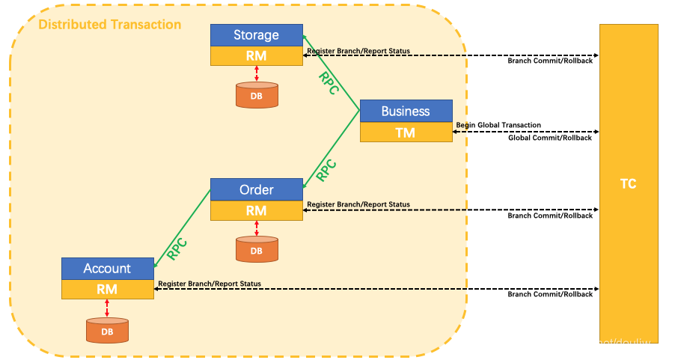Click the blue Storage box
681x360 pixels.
coord(256,35)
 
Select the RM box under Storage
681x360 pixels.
coord(256,56)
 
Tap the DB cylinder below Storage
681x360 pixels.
coord(257,95)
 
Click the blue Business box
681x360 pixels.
coord(406,111)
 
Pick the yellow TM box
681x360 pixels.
coord(406,132)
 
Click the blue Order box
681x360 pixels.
coord(256,189)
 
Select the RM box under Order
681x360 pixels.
coord(256,210)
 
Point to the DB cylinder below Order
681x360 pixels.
coord(257,249)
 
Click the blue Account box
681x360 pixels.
coord(107,268)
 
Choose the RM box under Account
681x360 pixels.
coord(107,289)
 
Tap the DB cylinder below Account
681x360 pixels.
coord(107,330)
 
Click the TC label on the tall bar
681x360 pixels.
coord(629,183)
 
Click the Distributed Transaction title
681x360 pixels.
coord(109,25)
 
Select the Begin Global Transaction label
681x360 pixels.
coord(498,125)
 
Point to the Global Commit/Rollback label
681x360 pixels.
coord(550,138)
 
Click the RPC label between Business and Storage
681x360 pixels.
coord(329,82)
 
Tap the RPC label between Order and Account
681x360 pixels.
coord(177,248)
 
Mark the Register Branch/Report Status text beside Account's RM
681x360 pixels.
coord(210,284)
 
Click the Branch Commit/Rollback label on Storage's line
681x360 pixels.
coord(550,61)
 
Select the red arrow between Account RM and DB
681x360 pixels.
coord(107,308)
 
